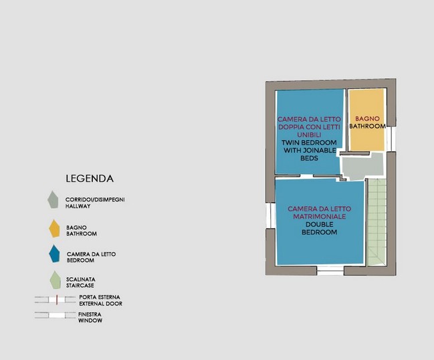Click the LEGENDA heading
[90, 179]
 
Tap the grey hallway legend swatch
[53, 199]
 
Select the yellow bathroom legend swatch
[54, 229]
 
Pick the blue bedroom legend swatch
[54, 254]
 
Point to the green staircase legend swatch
[55, 280]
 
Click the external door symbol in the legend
[56, 300]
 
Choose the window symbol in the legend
[56, 315]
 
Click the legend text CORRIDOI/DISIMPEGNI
[95, 199]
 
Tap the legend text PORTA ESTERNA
[100, 297]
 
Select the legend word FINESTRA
[90, 314]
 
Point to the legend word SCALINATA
[80, 280]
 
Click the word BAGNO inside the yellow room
[367, 119]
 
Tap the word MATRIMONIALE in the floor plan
[320, 217]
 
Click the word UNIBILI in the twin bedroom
[309, 135]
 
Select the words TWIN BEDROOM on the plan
[309, 143]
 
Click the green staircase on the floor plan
[376, 222]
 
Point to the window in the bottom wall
[330, 270]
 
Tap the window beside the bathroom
[391, 139]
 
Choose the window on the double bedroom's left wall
[270, 215]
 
